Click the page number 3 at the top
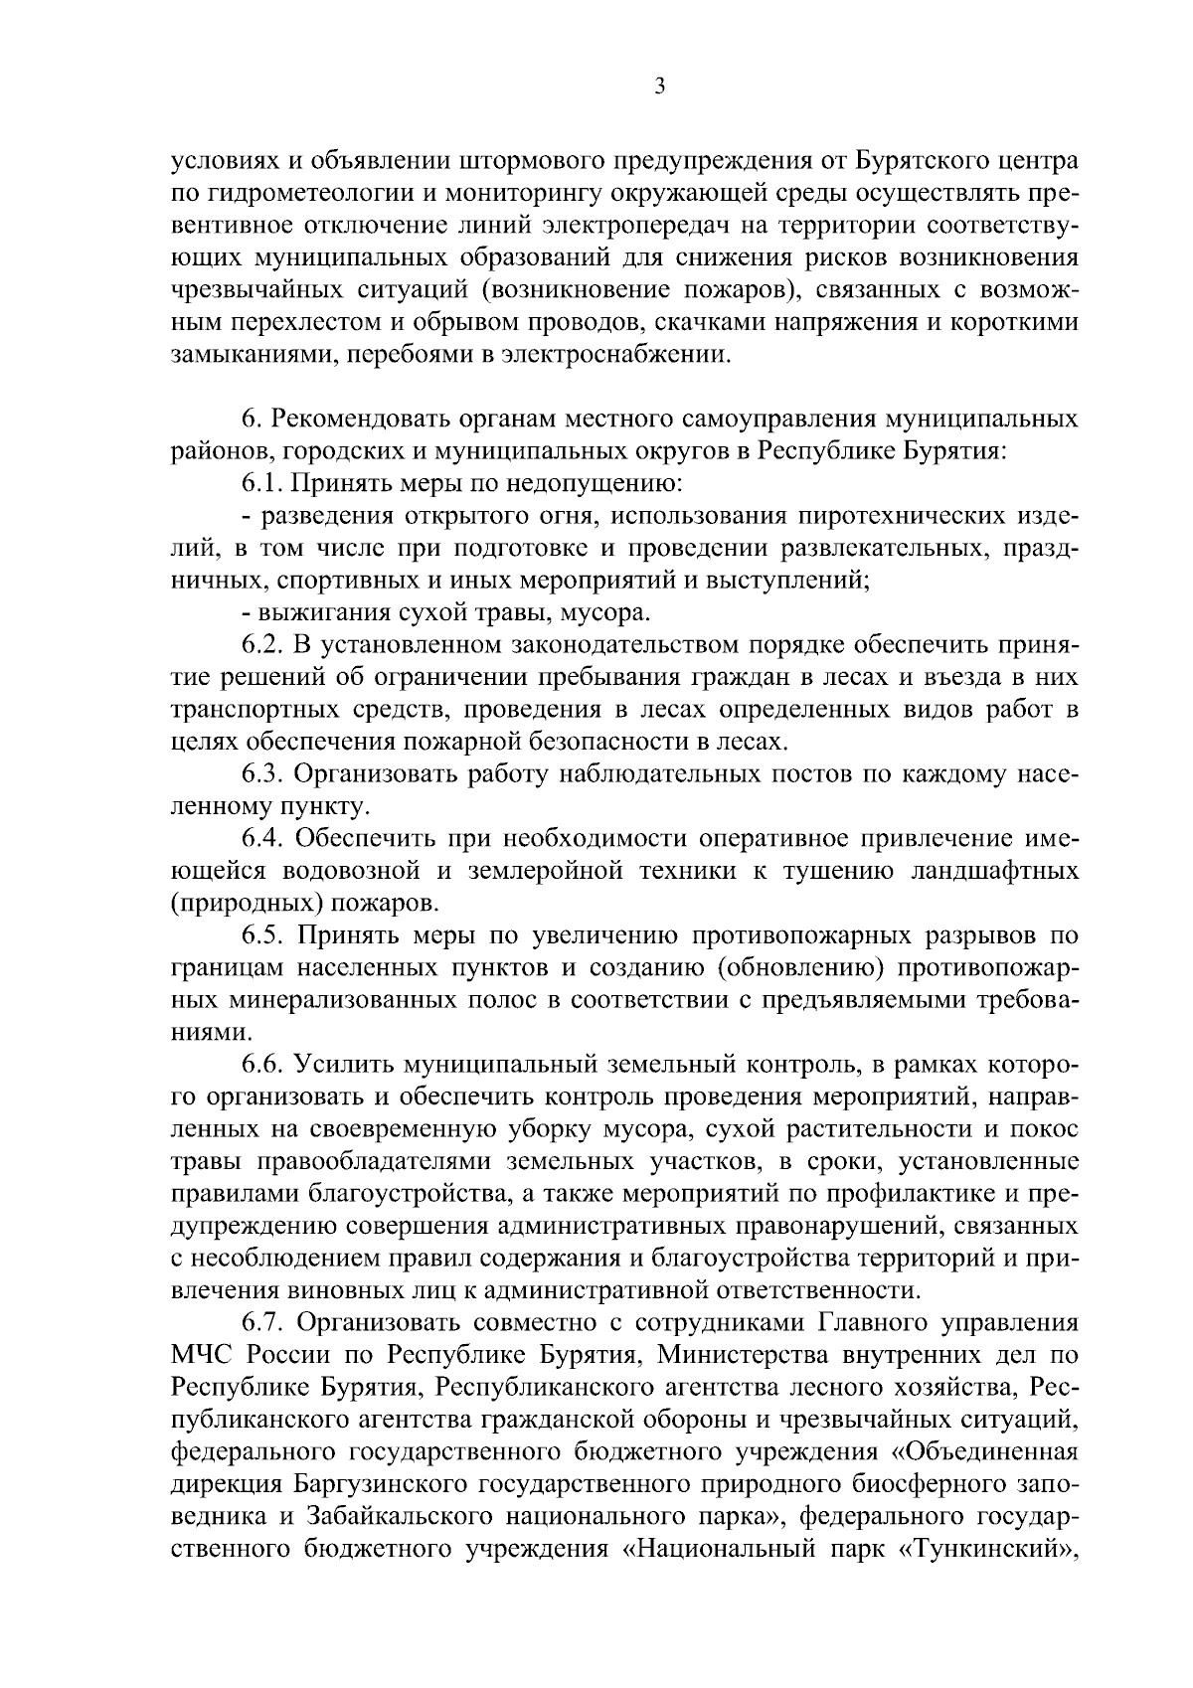coord(659,87)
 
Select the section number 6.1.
coord(261,483)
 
